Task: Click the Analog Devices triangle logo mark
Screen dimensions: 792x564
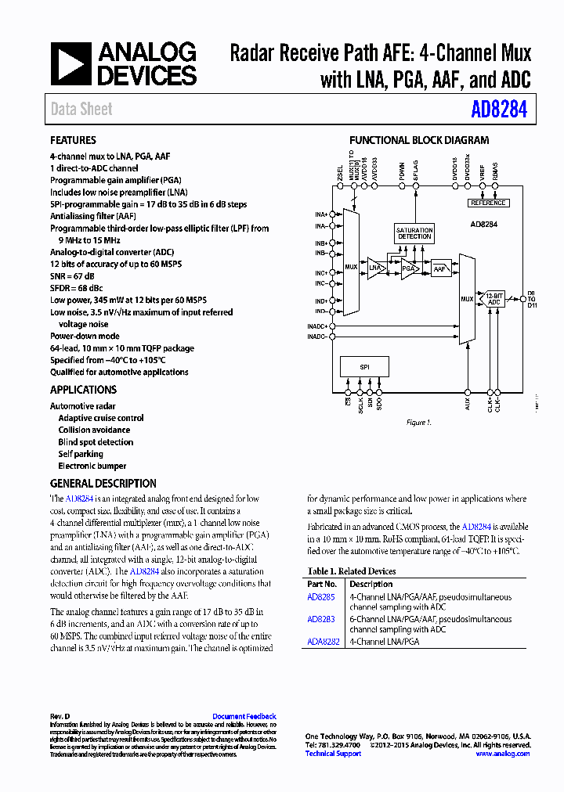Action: coord(72,63)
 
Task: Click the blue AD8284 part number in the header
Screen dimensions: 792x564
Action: coord(499,110)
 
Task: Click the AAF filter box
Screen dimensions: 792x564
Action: coord(441,268)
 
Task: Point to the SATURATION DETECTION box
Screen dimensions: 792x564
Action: coord(414,233)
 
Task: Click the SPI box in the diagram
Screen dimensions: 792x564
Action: coord(364,367)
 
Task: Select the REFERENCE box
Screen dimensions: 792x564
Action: coord(488,203)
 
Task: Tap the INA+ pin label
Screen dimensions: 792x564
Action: coord(320,214)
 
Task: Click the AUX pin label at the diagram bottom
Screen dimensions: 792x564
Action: coord(468,405)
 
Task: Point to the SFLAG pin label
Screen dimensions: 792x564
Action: coord(415,170)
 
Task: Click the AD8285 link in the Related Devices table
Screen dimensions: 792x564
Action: coord(321,596)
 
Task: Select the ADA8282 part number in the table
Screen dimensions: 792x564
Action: coord(324,641)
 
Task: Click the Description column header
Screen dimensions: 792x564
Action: coord(371,584)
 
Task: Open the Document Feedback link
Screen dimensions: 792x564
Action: coord(244,716)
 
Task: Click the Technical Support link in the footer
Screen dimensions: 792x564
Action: coord(333,754)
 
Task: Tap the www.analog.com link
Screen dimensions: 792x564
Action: coord(503,754)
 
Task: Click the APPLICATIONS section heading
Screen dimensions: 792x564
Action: coord(84,390)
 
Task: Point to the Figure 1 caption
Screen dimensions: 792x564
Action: coord(418,423)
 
